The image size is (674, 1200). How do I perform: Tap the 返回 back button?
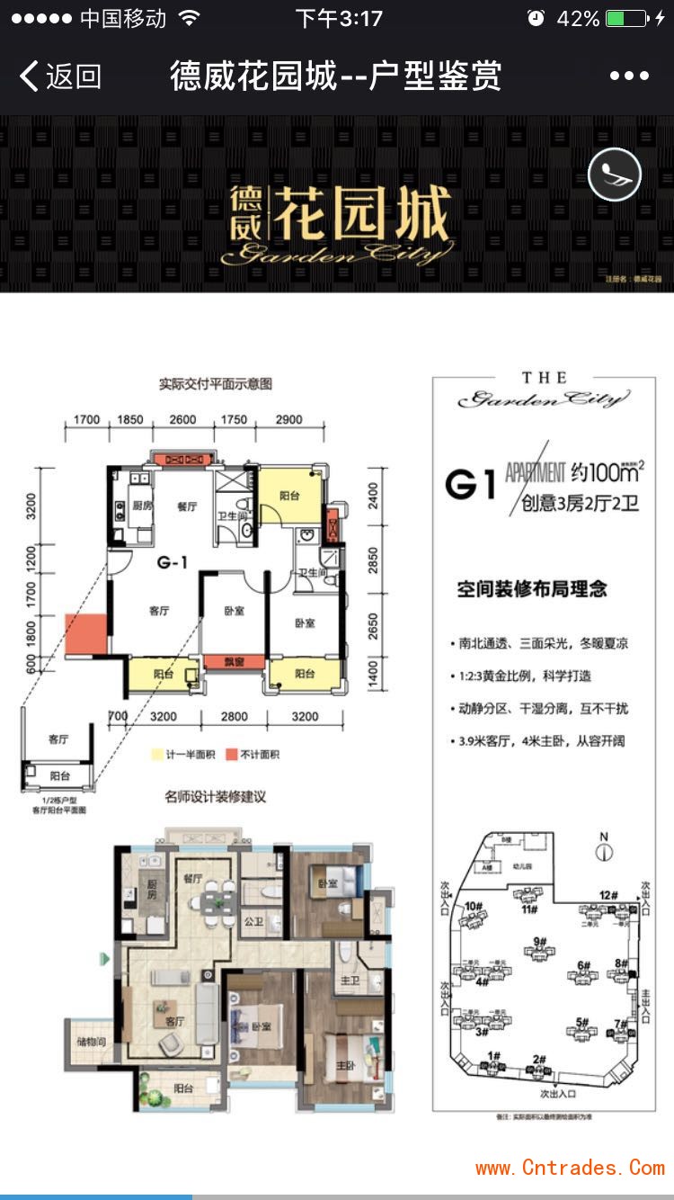click(60, 76)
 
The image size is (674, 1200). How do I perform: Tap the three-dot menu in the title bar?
click(629, 76)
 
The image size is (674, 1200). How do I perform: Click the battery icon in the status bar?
click(626, 19)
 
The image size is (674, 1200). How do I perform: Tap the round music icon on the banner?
click(615, 174)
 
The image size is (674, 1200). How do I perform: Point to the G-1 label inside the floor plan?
click(172, 564)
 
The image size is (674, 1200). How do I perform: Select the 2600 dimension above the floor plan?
click(182, 419)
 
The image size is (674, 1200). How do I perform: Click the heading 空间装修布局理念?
click(532, 589)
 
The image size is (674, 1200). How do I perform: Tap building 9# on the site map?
click(540, 943)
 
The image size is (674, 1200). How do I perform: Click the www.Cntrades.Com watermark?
click(570, 1168)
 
